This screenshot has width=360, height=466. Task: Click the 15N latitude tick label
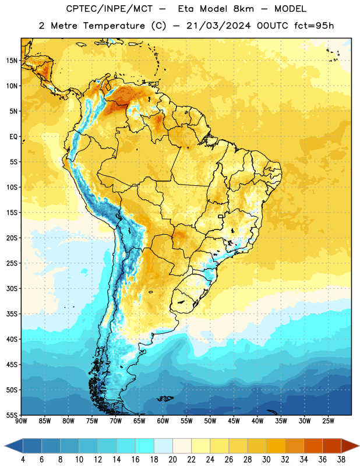(x=12, y=61)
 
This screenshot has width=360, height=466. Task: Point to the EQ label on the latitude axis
(x=13, y=137)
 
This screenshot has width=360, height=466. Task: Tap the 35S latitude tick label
(x=12, y=314)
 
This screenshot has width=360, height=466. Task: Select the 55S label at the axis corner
(x=12, y=415)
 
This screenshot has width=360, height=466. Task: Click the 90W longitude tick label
(x=21, y=421)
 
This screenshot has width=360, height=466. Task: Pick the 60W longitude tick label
(x=163, y=421)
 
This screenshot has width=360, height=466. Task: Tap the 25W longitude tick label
(x=328, y=421)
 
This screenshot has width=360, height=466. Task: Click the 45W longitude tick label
(x=234, y=421)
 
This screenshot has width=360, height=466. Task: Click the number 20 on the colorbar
(x=172, y=460)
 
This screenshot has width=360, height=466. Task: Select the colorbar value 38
(x=341, y=460)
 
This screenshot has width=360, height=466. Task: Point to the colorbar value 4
(x=23, y=460)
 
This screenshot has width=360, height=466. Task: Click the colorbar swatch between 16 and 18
(x=145, y=446)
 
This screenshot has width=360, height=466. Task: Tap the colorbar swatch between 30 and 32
(x=276, y=446)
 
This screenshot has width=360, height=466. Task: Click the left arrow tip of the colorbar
(x=5, y=446)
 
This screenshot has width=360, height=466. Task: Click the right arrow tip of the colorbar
(x=359, y=446)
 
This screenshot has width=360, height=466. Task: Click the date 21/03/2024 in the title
(x=218, y=26)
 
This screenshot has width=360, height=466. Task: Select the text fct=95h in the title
(x=314, y=26)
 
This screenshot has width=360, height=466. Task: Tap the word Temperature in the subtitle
(x=114, y=26)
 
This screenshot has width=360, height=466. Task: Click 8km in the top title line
(x=243, y=9)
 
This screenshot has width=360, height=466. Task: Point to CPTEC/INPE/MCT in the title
(x=109, y=9)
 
